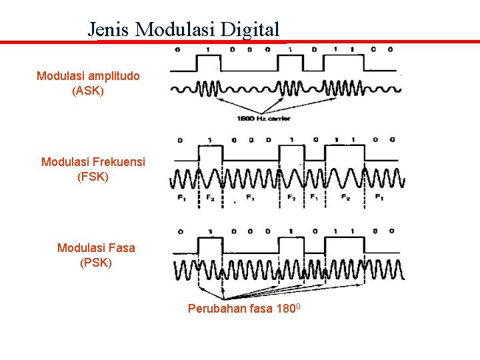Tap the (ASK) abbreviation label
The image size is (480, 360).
click(x=88, y=90)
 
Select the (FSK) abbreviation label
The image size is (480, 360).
click(x=93, y=177)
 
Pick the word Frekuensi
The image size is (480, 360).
click(x=119, y=162)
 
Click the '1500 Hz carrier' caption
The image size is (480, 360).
click(x=264, y=119)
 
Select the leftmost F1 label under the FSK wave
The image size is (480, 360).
click(x=181, y=198)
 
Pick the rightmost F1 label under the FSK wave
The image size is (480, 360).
click(x=379, y=198)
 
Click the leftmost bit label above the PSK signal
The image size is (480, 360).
click(x=182, y=231)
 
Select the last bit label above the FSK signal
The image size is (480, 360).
click(x=392, y=140)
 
